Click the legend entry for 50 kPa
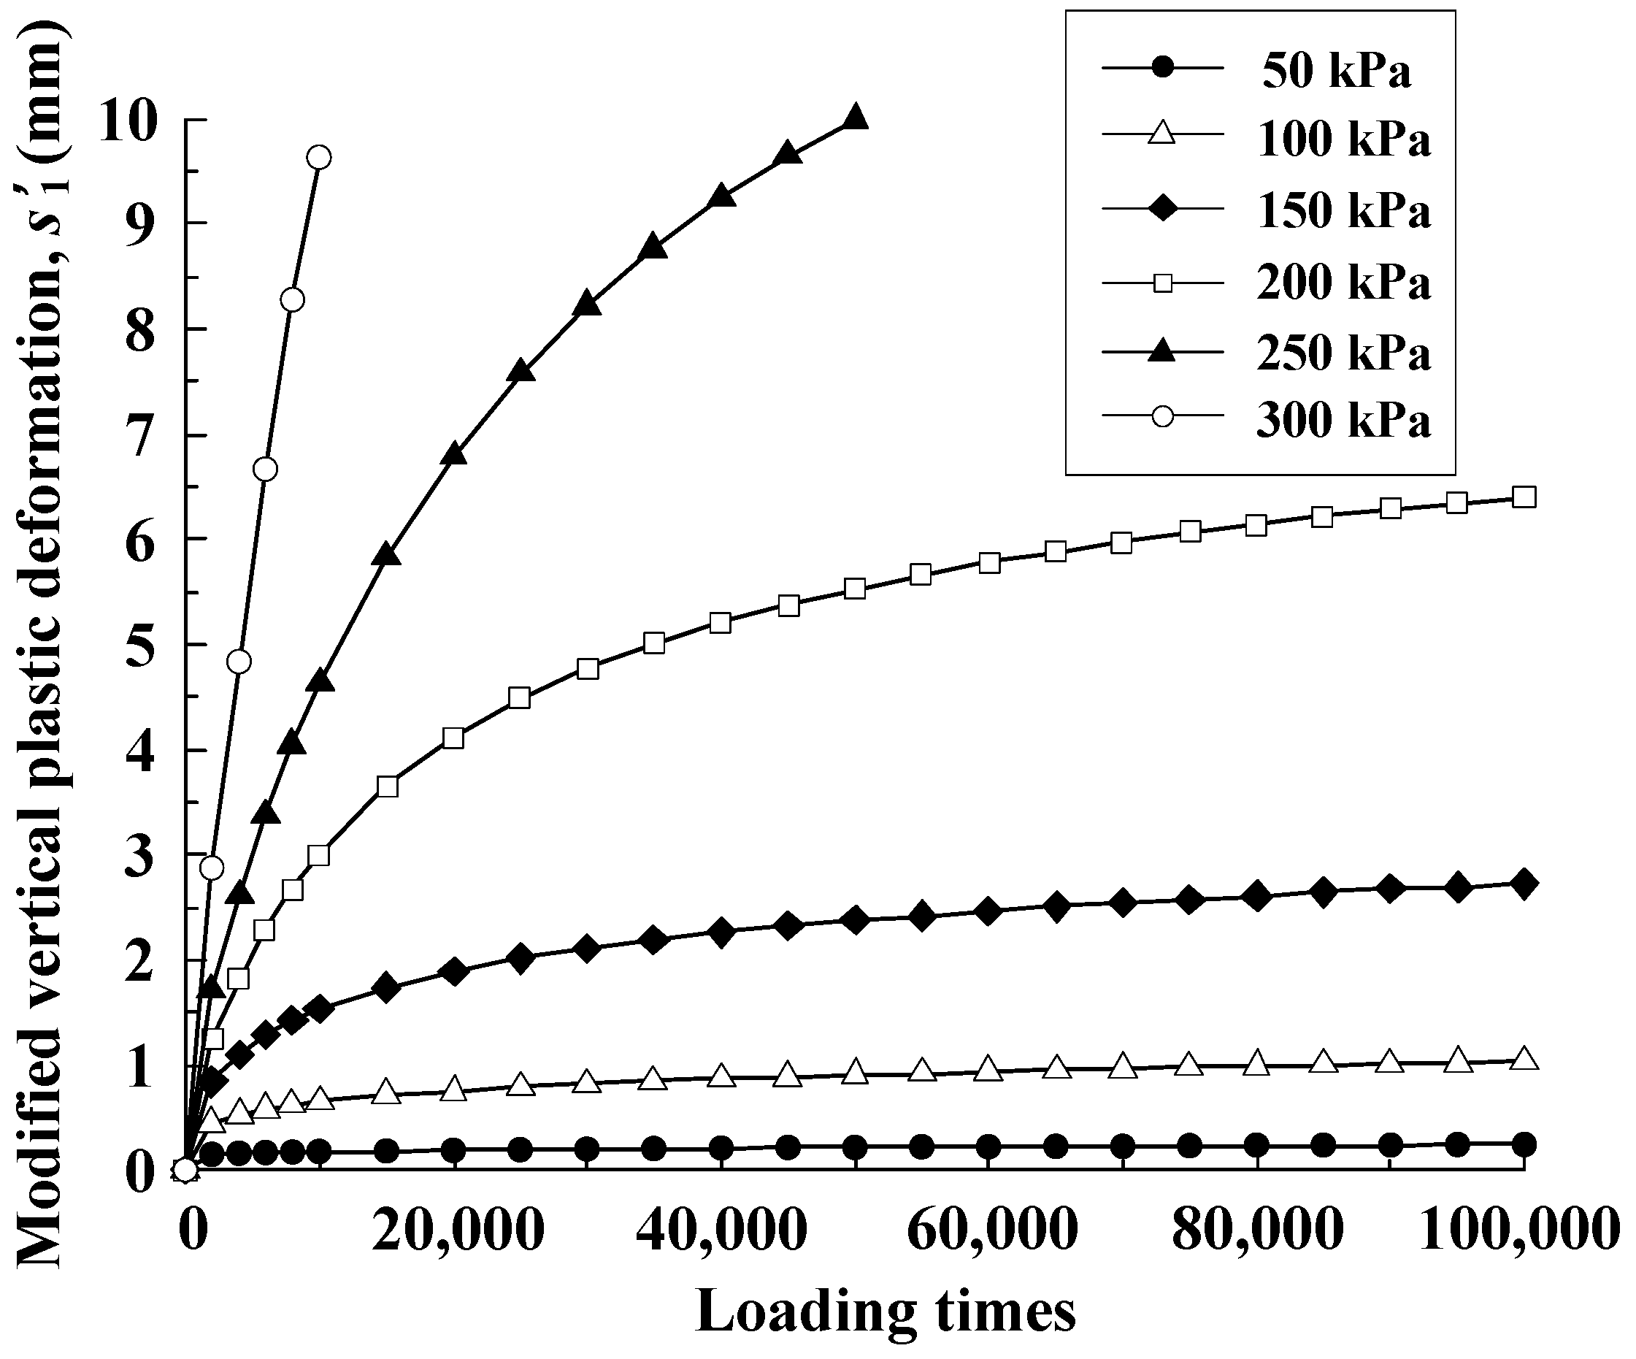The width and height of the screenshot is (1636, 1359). point(1336,71)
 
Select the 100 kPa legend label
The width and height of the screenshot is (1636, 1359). point(1343,141)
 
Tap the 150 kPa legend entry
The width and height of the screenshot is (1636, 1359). point(1343,211)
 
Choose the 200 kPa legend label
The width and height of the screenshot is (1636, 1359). point(1343,282)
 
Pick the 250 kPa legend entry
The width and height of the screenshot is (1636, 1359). point(1343,353)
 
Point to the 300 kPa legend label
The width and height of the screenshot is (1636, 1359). point(1343,421)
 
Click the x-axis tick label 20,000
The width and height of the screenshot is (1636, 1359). point(456,1231)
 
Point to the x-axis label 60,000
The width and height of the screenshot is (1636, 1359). point(991,1231)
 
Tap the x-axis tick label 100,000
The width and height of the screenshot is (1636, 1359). point(1519,1231)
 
